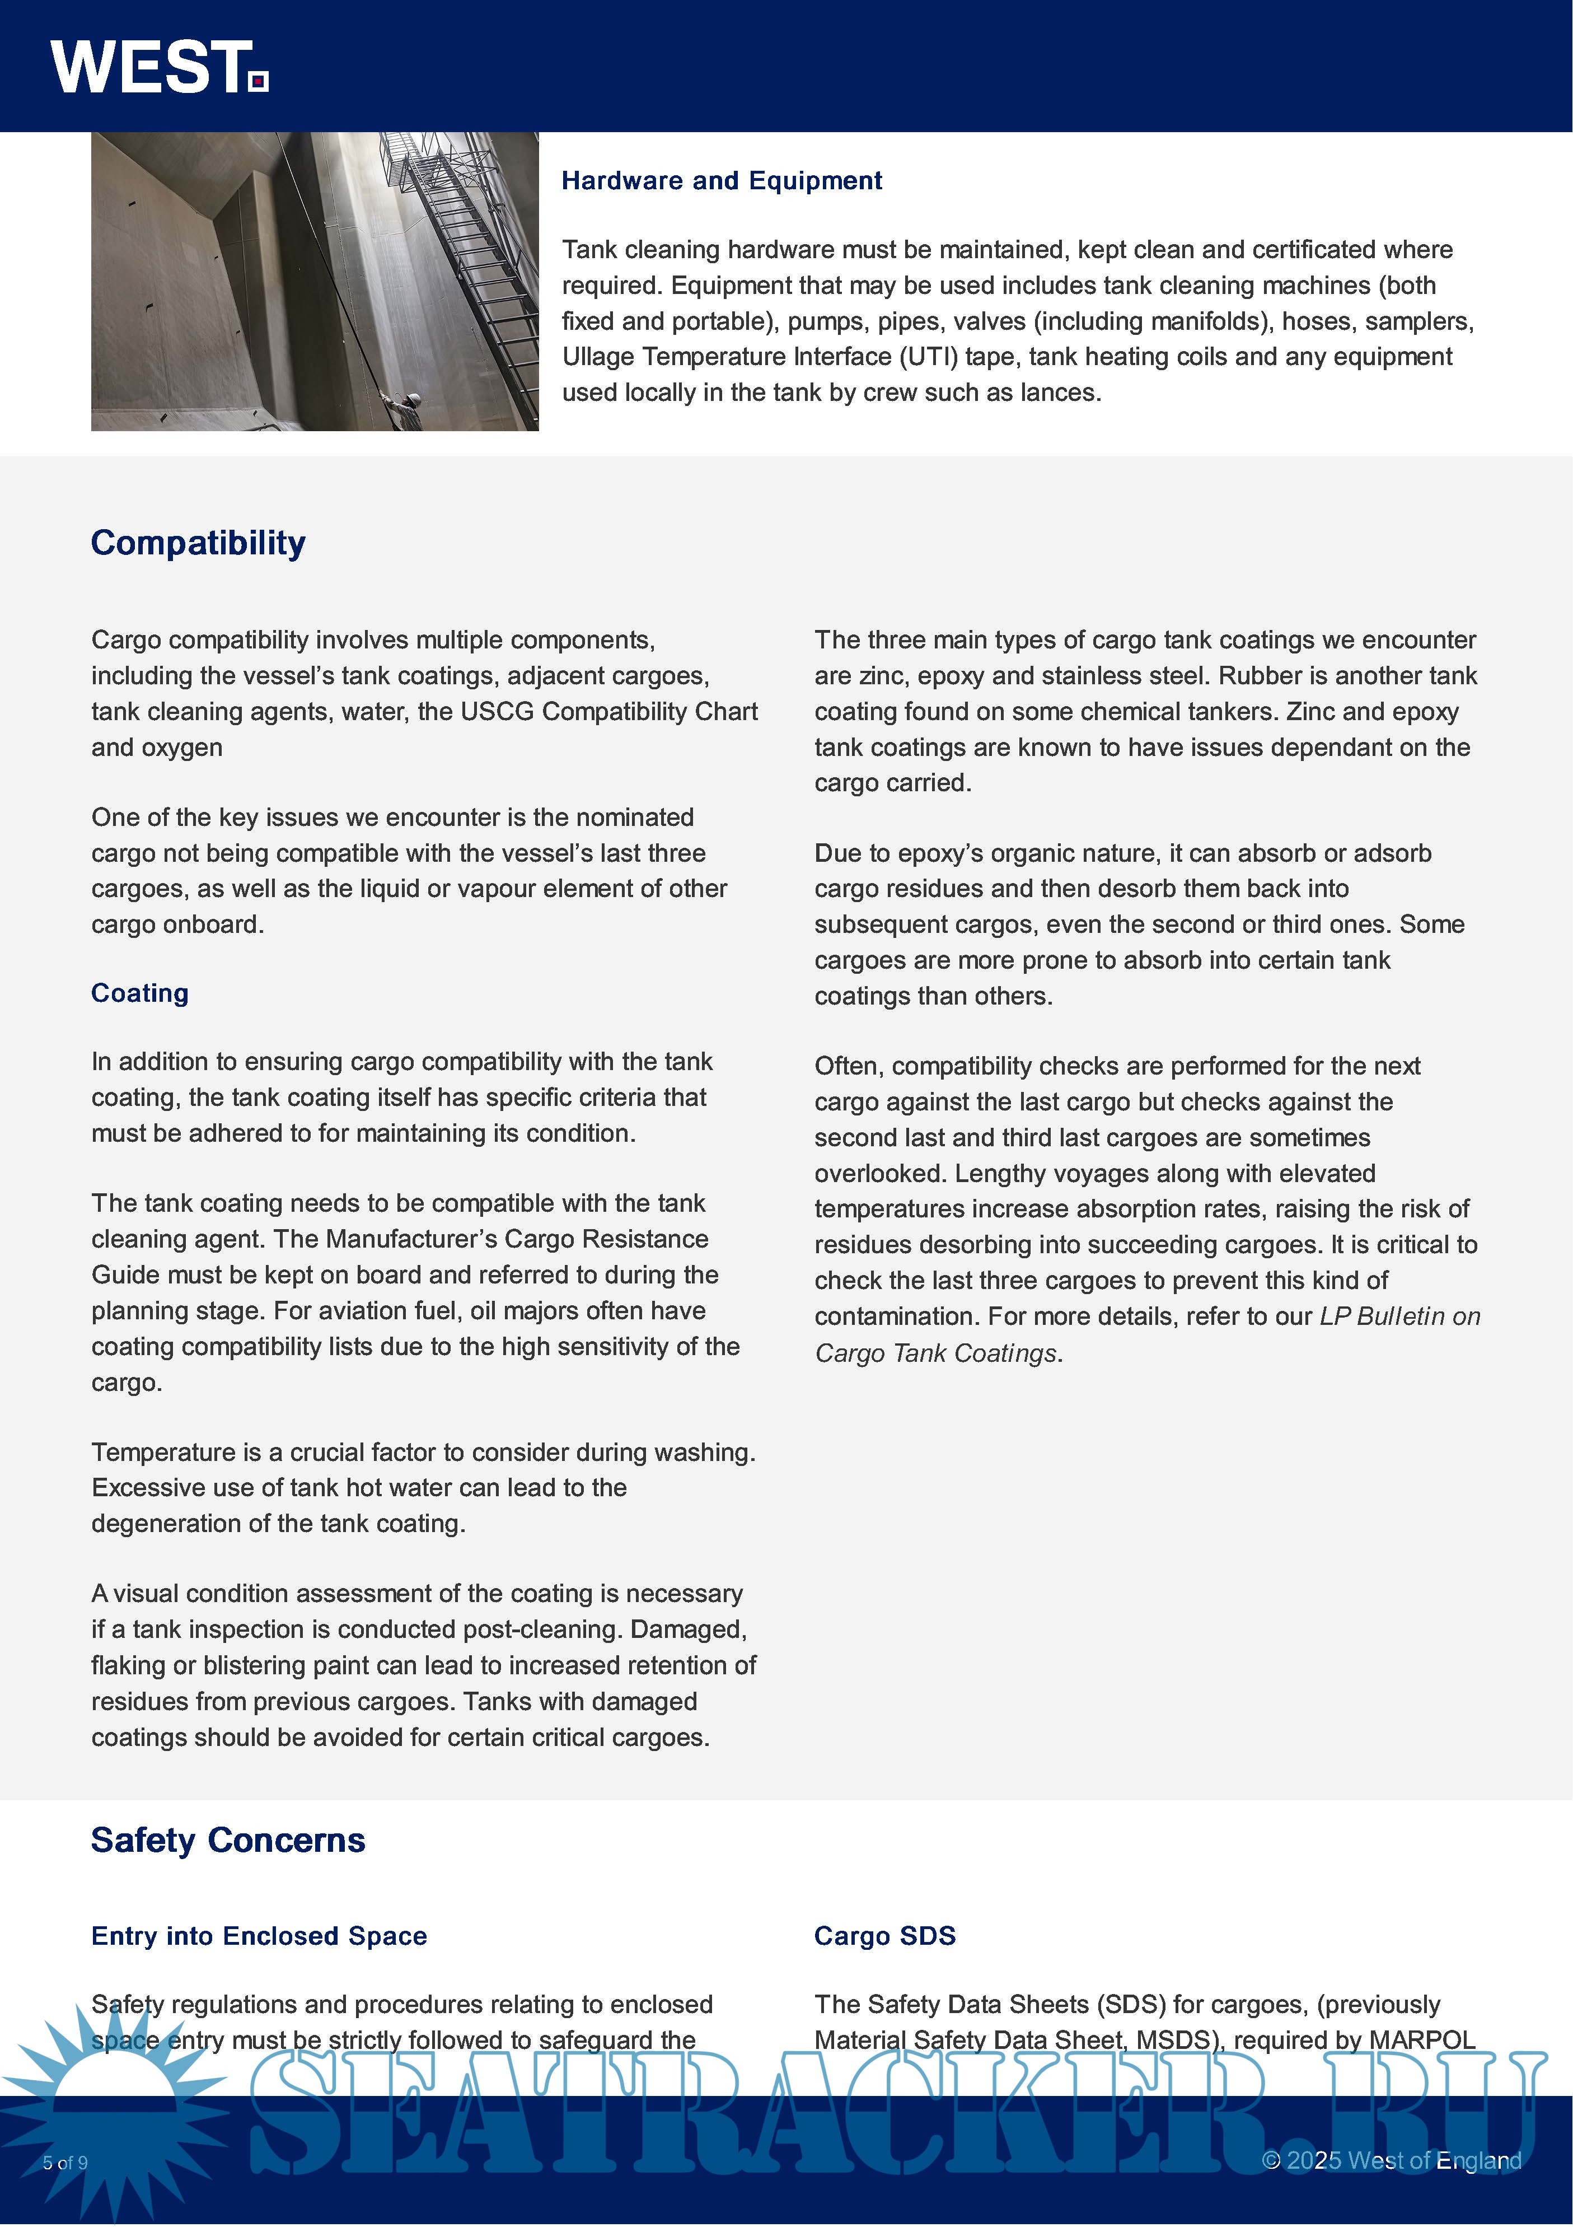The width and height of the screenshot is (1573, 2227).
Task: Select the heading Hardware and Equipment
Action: [x=722, y=181]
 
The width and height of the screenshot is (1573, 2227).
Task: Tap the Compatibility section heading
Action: [x=198, y=543]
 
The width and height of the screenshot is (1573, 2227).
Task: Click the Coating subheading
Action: [x=139, y=993]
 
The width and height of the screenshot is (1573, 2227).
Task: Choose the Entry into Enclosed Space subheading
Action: [x=259, y=1936]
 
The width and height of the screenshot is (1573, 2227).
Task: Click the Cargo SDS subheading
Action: [x=884, y=1936]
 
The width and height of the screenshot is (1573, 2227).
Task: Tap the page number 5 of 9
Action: [x=65, y=2163]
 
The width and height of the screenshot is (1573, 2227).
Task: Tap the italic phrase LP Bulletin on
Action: [x=1399, y=1317]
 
